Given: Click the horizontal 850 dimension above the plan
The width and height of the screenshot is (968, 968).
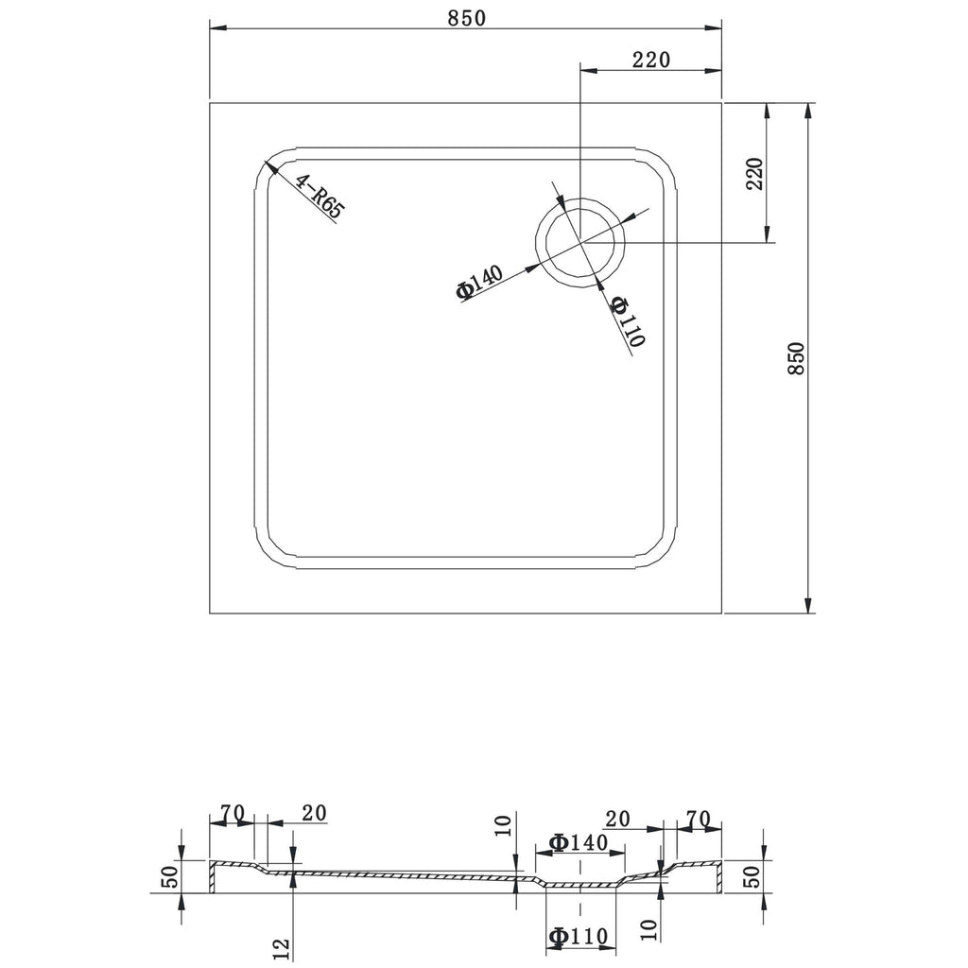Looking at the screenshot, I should tap(465, 17).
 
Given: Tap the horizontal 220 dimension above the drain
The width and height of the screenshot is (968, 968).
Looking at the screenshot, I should tap(651, 60).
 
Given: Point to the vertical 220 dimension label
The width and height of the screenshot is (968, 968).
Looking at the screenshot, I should tap(754, 174).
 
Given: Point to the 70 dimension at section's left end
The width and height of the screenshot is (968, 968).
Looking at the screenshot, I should tap(232, 812).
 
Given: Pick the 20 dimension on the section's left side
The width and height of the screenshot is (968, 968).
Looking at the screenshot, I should tap(314, 812).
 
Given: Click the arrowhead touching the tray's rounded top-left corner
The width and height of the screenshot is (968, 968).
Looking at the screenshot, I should tap(268, 166).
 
